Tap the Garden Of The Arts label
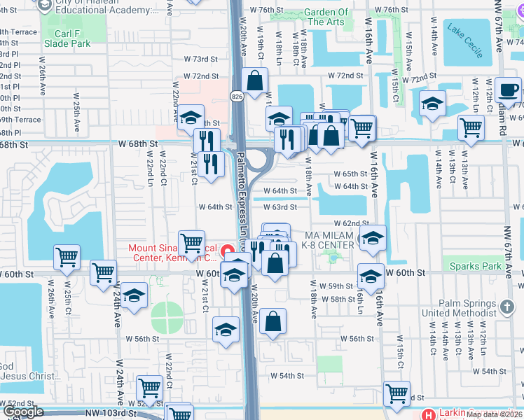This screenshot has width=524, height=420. (x=326, y=17)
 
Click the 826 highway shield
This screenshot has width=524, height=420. (x=237, y=97)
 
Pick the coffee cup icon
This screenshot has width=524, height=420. (x=508, y=89)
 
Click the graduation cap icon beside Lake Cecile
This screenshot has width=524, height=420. (x=433, y=104)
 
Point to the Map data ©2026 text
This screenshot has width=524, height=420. (x=495, y=414)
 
